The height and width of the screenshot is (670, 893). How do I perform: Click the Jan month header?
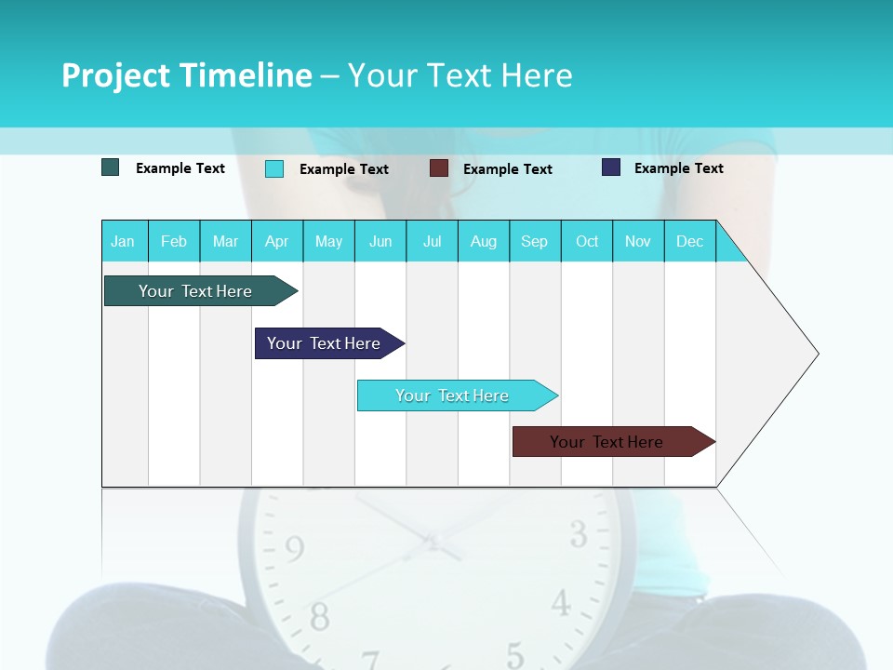tap(124, 241)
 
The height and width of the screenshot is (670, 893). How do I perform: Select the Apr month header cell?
tap(277, 241)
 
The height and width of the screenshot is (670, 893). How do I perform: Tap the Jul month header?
tap(432, 241)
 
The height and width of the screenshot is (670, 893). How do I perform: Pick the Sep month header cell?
tap(535, 241)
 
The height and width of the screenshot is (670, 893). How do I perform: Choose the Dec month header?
tap(689, 241)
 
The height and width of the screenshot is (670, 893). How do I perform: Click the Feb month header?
tap(174, 241)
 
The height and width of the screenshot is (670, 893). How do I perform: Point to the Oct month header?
tap(587, 241)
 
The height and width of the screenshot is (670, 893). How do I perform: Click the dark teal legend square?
tap(111, 167)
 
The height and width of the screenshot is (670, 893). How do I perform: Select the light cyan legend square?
tap(274, 168)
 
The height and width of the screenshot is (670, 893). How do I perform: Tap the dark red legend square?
tap(439, 168)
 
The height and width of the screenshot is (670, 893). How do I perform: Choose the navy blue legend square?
tap(611, 167)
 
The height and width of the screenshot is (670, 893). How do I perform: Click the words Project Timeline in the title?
tap(187, 75)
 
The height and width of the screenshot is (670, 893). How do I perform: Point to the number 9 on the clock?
tap(294, 549)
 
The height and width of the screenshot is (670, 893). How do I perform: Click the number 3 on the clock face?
tap(579, 535)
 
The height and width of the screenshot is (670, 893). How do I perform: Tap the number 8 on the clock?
tap(319, 616)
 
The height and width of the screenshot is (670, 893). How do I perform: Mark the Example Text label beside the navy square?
tap(678, 168)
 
